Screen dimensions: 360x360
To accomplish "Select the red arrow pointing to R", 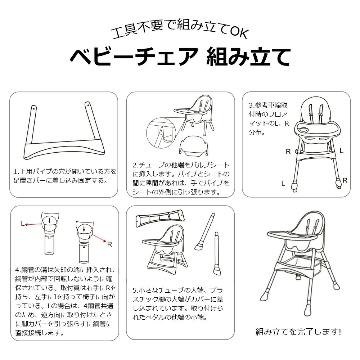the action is (x=99, y=238).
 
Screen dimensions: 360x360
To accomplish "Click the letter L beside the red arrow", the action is (x=22, y=224).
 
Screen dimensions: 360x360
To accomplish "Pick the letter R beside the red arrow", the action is (x=109, y=244).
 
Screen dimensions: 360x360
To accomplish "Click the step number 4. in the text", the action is (x=18, y=270).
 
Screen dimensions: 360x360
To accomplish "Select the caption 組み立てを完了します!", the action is (x=298, y=332).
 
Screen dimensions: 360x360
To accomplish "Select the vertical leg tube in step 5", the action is (x=217, y=253).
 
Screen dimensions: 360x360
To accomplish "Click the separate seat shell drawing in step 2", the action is (x=194, y=146).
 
